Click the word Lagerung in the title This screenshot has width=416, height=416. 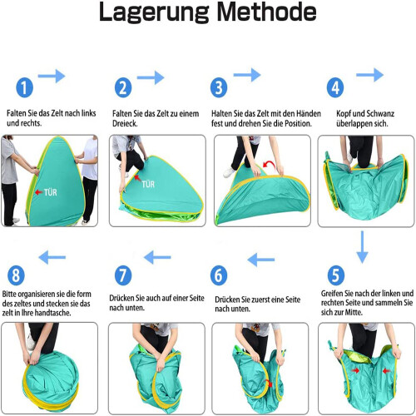(154, 13)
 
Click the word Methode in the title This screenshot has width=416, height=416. (266, 12)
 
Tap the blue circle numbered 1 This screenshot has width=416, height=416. (24, 87)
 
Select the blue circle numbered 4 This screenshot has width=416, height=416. (335, 87)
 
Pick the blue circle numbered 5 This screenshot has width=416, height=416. (336, 275)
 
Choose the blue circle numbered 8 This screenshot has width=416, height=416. (16, 275)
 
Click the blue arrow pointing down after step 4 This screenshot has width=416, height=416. (362, 247)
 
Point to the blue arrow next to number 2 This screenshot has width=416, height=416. (151, 77)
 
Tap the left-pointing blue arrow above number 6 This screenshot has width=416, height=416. (260, 260)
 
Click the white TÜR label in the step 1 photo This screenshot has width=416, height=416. (50, 192)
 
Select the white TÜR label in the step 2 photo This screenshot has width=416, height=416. (148, 184)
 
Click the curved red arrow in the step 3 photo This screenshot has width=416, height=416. (269, 165)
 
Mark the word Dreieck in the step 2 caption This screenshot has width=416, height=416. (125, 123)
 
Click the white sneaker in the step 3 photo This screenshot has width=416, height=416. (229, 172)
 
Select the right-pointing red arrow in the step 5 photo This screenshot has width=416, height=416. (355, 370)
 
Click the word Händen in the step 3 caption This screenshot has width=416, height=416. (309, 113)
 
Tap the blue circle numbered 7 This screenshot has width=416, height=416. (123, 275)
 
